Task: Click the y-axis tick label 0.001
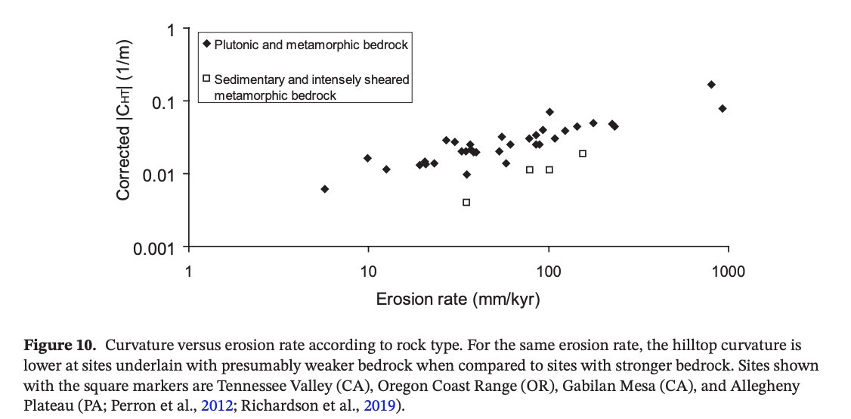coord(157,248)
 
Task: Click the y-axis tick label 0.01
coord(161,175)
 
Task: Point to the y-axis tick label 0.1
coord(165,102)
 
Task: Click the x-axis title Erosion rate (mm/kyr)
coord(457,300)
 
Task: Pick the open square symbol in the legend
coord(206,77)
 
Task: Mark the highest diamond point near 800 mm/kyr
coord(710,84)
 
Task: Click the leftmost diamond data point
coord(324,189)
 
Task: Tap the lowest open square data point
coord(466,202)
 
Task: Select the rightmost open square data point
coord(583,154)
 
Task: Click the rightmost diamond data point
coord(722,108)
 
